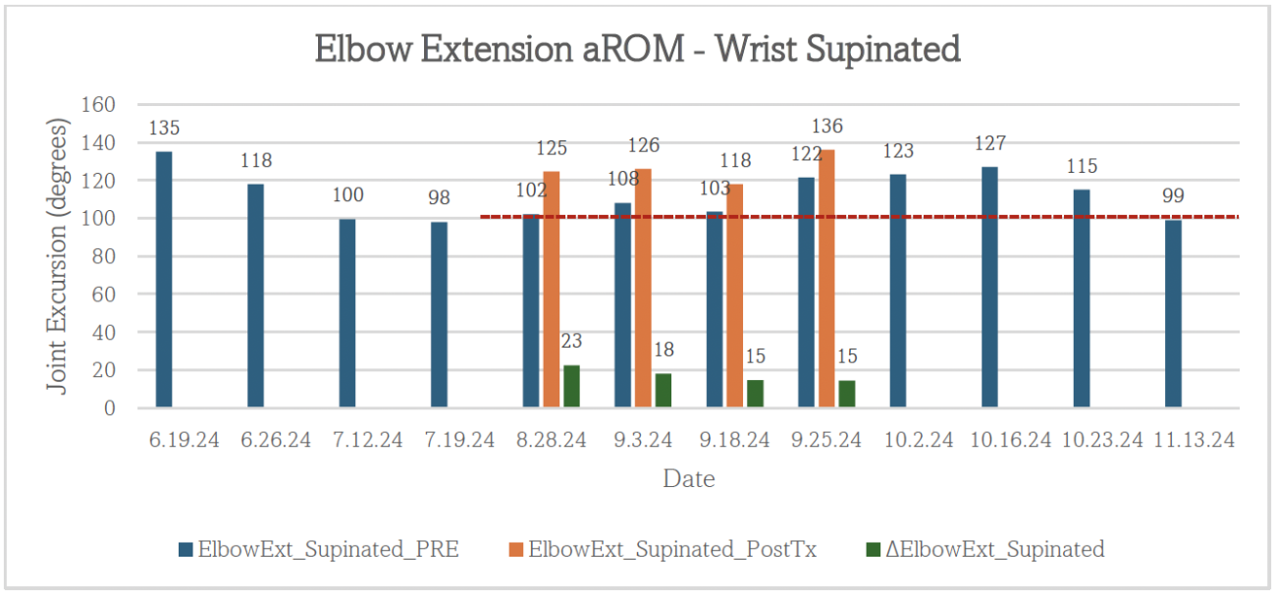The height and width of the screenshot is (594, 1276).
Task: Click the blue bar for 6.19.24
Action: click(164, 280)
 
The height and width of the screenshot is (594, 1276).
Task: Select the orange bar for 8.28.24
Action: click(552, 290)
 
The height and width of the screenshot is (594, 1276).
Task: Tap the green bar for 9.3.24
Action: click(663, 391)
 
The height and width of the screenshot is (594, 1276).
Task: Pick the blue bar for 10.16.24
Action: click(989, 288)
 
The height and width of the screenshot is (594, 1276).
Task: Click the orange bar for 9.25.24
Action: click(826, 279)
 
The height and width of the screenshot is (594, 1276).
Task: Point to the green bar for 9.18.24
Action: click(755, 394)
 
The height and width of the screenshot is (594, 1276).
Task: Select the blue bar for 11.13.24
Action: click(1173, 314)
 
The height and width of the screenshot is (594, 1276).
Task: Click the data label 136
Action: click(826, 127)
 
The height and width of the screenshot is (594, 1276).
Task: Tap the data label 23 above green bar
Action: click(571, 342)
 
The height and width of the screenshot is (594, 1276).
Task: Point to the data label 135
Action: click(164, 128)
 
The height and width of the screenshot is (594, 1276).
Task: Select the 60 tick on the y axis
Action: click(104, 295)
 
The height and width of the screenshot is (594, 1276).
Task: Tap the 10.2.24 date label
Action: click(918, 440)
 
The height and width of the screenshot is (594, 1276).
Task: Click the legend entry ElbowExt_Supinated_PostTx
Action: click(671, 549)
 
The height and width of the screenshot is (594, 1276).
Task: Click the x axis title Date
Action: click(689, 479)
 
